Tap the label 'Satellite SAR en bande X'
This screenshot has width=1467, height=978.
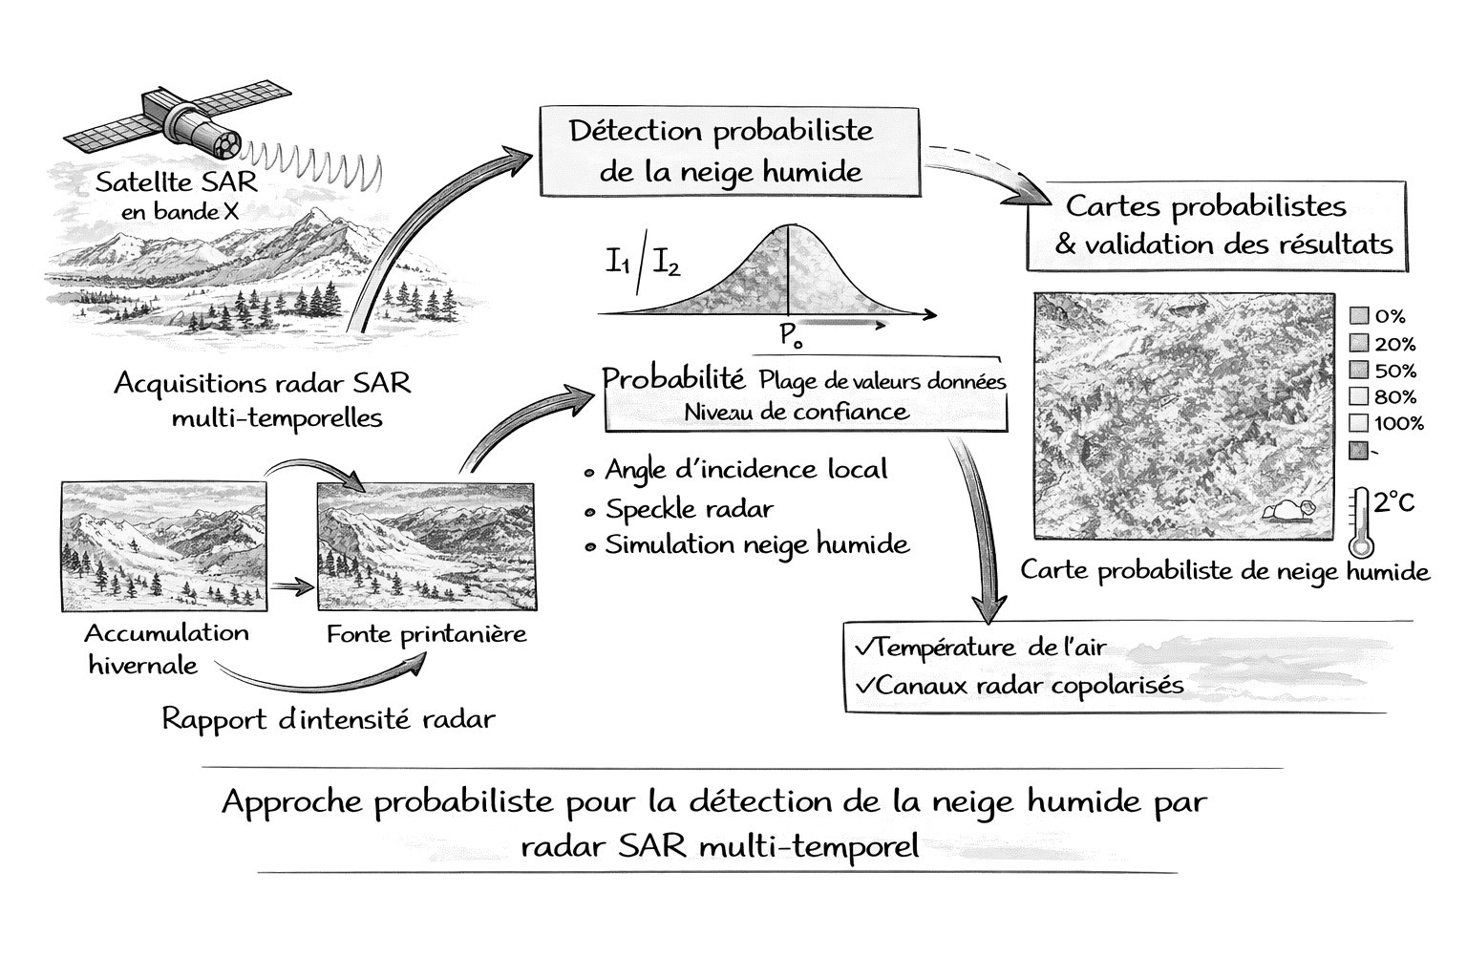[178, 196]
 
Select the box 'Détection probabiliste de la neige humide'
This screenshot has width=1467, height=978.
[730, 152]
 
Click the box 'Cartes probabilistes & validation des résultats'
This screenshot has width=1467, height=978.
[1217, 224]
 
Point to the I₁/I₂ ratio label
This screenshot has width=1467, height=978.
[642, 262]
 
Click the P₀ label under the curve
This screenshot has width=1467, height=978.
[790, 335]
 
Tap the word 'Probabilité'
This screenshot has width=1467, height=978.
[673, 379]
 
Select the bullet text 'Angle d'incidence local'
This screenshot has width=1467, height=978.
[746, 470]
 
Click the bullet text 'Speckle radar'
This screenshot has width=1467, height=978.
[689, 509]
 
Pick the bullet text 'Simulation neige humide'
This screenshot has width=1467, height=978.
[756, 545]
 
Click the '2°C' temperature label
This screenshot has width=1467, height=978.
[1393, 500]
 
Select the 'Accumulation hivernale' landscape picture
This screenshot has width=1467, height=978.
[164, 546]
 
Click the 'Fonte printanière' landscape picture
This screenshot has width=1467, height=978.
[425, 546]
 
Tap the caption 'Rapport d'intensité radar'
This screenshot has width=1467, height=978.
[329, 719]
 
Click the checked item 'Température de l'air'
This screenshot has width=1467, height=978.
[982, 648]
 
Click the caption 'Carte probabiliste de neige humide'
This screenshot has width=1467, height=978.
[1224, 571]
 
